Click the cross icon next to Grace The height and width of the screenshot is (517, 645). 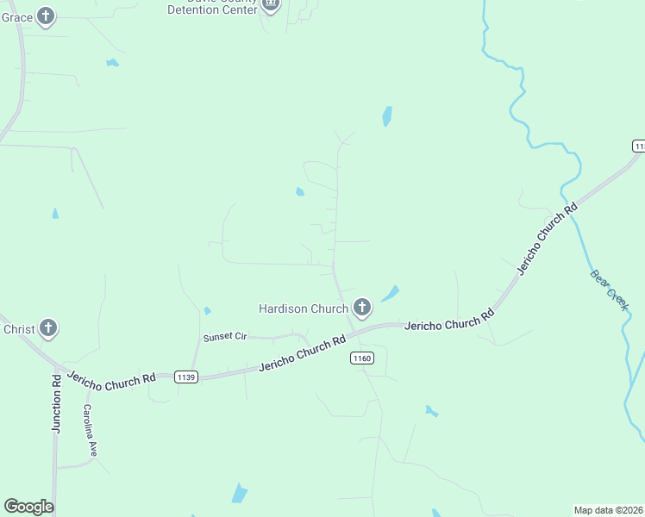(x=47, y=16)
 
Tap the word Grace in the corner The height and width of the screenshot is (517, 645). (x=16, y=16)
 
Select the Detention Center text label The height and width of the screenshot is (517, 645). (x=212, y=9)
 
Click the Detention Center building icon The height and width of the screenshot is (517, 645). (x=271, y=5)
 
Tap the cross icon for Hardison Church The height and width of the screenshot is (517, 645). (x=361, y=308)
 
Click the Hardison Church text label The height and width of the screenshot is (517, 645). (x=304, y=308)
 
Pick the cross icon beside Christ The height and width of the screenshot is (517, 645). (x=48, y=328)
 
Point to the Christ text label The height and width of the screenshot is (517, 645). (x=18, y=329)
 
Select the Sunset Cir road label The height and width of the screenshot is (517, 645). (x=224, y=337)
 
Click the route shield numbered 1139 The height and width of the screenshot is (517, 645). (x=185, y=377)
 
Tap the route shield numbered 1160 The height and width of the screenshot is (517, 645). (x=361, y=358)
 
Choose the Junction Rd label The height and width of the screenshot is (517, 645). (x=56, y=402)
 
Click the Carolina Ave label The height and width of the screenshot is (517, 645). (x=90, y=431)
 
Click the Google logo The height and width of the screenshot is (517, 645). (x=28, y=507)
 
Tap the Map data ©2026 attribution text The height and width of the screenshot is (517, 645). (x=609, y=509)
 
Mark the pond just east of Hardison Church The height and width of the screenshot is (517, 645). (x=391, y=293)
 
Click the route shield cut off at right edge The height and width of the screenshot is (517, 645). (x=639, y=146)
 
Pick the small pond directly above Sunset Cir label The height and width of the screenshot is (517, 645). (x=207, y=310)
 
